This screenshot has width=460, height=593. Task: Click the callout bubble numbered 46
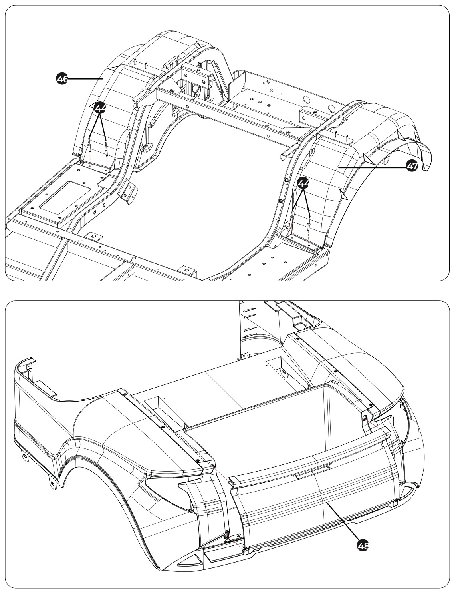point(61,80)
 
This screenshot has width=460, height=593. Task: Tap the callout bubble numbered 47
point(410,167)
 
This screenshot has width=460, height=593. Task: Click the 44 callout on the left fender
point(100,107)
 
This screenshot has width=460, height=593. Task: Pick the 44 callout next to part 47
point(303,183)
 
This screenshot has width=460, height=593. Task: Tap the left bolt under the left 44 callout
point(90,147)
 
